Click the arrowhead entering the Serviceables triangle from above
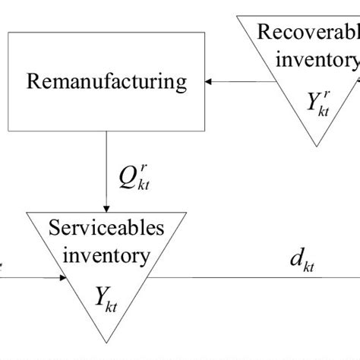click(x=107, y=207)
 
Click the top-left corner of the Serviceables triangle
click(x=28, y=213)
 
